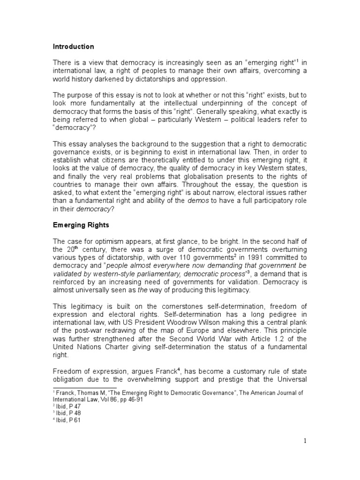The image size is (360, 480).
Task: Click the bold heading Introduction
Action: pyautogui.click(x=73, y=47)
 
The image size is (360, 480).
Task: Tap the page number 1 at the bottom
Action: pyautogui.click(x=304, y=441)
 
